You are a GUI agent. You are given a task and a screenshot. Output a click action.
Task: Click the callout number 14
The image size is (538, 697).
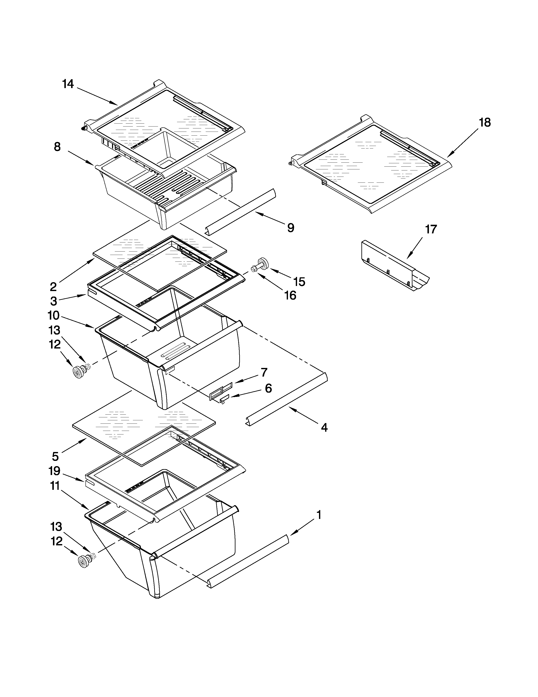pyautogui.click(x=68, y=84)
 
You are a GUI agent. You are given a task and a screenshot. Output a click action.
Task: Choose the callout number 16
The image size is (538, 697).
pyautogui.click(x=290, y=295)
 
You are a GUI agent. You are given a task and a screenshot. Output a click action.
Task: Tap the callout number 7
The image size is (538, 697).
pyautogui.click(x=264, y=372)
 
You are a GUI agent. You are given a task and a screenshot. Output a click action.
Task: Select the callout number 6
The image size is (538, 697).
pyautogui.click(x=268, y=388)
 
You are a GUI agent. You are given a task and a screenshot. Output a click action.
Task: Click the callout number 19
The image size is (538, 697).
pyautogui.click(x=54, y=471)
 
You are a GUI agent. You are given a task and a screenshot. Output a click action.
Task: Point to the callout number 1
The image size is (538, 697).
pyautogui.click(x=318, y=515)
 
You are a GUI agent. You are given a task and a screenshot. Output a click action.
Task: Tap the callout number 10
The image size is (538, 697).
pyautogui.click(x=54, y=315)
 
